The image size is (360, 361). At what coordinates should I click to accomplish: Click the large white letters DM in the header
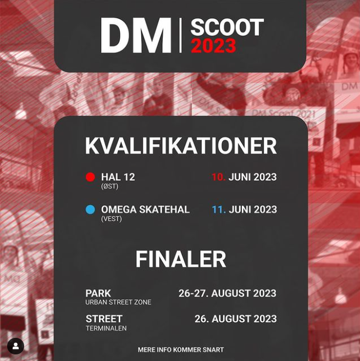pyautogui.click(x=136, y=35)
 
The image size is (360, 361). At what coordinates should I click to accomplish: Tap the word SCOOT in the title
pyautogui.click(x=227, y=27)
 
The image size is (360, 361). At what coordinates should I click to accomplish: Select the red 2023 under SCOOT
pyautogui.click(x=214, y=46)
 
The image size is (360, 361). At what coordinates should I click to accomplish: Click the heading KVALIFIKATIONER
pyautogui.click(x=181, y=146)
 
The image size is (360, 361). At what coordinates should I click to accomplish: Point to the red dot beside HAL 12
pyautogui.click(x=90, y=177)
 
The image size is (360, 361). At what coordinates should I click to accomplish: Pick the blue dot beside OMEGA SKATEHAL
pyautogui.click(x=90, y=210)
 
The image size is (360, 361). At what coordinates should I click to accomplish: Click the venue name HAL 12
pyautogui.click(x=118, y=177)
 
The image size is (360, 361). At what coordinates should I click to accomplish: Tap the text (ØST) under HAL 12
pyautogui.click(x=110, y=186)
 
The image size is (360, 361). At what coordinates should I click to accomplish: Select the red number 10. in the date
pyautogui.click(x=218, y=177)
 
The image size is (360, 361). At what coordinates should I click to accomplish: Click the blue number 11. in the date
pyautogui.click(x=219, y=210)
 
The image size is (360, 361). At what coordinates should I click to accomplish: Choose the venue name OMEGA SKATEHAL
pyautogui.click(x=145, y=210)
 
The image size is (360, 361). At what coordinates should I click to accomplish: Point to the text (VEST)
pyautogui.click(x=111, y=218)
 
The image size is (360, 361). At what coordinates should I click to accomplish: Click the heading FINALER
pyautogui.click(x=181, y=259)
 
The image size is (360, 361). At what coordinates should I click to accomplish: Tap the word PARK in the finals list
pyautogui.click(x=98, y=293)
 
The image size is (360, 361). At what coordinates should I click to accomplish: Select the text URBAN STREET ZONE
pyautogui.click(x=118, y=302)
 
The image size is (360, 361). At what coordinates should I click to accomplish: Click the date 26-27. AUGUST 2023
pyautogui.click(x=228, y=293)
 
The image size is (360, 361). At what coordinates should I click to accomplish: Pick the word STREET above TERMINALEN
pyautogui.click(x=104, y=319)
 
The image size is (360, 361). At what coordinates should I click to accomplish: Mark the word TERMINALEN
pyautogui.click(x=106, y=328)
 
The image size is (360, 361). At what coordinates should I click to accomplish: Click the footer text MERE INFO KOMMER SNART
pyautogui.click(x=181, y=350)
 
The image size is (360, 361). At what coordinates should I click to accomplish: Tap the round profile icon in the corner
pyautogui.click(x=15, y=346)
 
